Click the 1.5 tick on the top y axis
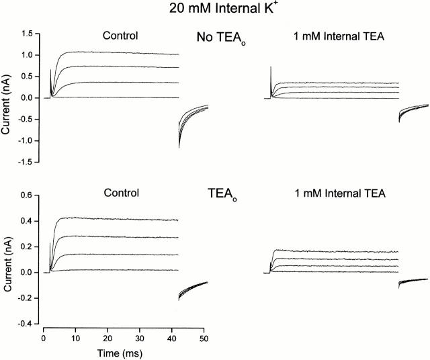pos(27,34)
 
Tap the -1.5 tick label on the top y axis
pos(26,163)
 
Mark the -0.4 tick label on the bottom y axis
pos(26,324)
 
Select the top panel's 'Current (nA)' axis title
pos(7,98)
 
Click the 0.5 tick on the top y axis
pos(27,77)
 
